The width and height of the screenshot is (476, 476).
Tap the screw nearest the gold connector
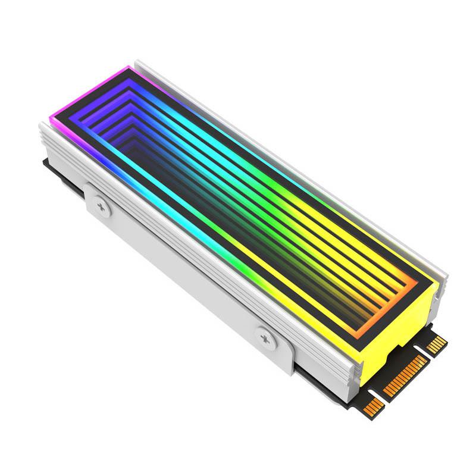tap(265, 337)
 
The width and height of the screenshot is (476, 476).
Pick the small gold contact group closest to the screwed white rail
tap(373, 407)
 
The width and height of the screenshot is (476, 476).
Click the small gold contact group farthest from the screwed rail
tap(437, 343)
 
